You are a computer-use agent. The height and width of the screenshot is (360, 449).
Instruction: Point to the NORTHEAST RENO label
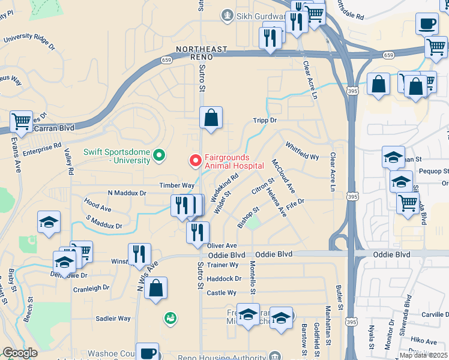[x=202, y=52]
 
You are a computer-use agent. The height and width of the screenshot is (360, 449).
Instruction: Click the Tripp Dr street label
[x=264, y=120]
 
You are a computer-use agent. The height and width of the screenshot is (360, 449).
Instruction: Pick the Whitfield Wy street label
[x=302, y=150]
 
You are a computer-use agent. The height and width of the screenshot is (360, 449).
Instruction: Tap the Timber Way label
[x=176, y=186]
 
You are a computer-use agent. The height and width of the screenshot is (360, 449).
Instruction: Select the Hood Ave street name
[x=98, y=208]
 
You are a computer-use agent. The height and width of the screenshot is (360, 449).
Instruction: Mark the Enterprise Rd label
[x=41, y=146]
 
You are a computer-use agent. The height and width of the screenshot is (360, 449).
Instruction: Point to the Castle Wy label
[x=221, y=293]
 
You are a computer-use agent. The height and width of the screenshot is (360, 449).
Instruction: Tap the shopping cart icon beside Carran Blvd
[x=21, y=121]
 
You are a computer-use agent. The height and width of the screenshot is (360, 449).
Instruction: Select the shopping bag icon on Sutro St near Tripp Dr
[x=211, y=118]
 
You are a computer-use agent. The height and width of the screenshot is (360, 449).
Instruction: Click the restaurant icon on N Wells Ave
[x=139, y=254]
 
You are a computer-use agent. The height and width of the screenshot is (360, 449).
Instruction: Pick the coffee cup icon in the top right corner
[x=427, y=23]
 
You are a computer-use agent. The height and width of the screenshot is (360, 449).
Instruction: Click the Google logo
[x=20, y=353]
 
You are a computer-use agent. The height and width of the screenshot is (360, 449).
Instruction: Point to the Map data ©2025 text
[x=423, y=355]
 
